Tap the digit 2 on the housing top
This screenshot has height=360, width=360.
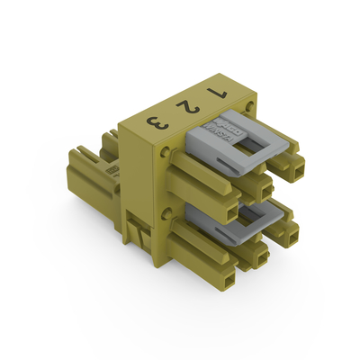pos(186,106)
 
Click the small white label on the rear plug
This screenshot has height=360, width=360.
pos(111,168)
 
